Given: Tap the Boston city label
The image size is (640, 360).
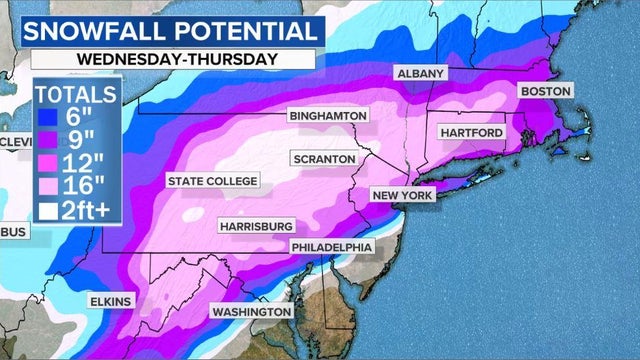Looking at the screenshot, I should pyautogui.click(x=545, y=91).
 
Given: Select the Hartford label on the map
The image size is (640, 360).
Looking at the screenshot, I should pyautogui.click(x=472, y=132).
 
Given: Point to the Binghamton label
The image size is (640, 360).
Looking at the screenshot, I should pyautogui.click(x=328, y=116).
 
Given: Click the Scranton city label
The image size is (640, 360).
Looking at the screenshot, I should pyautogui.click(x=323, y=159).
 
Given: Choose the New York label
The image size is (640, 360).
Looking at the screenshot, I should pyautogui.click(x=403, y=195).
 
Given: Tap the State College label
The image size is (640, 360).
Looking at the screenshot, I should pyautogui.click(x=212, y=181).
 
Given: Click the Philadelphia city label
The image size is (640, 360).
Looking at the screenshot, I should pyautogui.click(x=332, y=247).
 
